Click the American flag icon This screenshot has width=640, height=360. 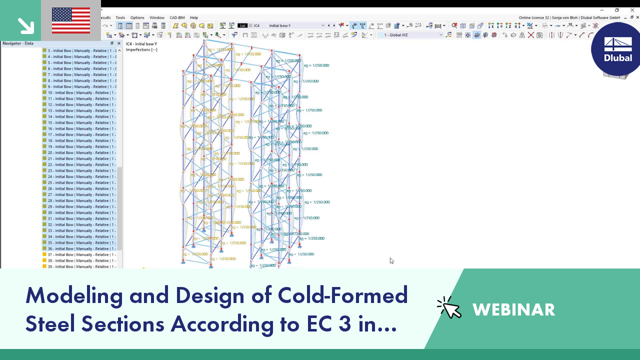71,20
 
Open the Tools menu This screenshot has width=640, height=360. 120,17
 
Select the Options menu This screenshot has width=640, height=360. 137,17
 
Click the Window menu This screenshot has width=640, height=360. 157,17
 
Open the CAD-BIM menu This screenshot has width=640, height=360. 177,17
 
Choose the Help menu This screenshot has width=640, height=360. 194,17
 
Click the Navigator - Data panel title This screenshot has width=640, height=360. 18,43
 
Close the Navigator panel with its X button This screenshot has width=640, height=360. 118,43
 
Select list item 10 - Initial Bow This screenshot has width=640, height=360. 80,92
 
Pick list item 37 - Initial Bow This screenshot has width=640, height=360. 80,254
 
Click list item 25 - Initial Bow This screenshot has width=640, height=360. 80,182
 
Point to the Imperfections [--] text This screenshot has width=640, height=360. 141,49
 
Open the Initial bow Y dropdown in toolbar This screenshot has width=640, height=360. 322,25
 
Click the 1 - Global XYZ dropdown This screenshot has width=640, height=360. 440,35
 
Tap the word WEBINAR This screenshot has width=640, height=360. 513,310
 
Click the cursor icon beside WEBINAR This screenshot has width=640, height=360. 449,308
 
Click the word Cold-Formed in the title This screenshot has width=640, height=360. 343,295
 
